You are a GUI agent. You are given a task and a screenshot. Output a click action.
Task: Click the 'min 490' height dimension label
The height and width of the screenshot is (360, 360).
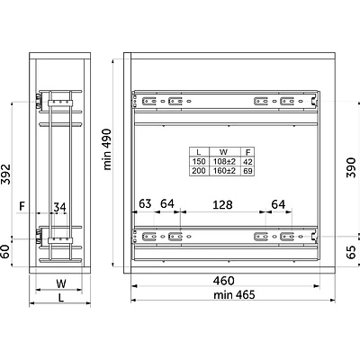[107, 149]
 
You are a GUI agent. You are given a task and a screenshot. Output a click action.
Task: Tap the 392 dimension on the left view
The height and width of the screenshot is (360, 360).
[5, 174]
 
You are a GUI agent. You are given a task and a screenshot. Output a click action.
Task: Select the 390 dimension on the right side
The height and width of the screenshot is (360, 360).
[351, 167]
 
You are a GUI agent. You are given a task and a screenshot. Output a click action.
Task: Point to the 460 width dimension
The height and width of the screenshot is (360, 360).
[223, 281]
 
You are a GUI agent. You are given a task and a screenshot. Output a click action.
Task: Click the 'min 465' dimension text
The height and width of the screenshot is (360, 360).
[234, 295]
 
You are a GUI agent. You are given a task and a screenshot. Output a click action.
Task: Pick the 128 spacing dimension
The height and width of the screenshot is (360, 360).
[222, 205]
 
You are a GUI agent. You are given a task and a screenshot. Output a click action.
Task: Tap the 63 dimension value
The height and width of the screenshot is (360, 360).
[145, 203]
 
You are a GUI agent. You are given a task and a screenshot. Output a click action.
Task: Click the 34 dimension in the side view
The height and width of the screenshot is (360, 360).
[59, 207]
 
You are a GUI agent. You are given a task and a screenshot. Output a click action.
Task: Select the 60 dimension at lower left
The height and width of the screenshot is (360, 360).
[5, 251]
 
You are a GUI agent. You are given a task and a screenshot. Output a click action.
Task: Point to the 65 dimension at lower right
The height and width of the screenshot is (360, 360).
[351, 252]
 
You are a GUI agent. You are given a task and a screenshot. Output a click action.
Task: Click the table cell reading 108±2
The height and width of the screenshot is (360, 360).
[224, 162]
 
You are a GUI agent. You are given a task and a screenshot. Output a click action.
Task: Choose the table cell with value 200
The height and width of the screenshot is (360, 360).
[199, 171]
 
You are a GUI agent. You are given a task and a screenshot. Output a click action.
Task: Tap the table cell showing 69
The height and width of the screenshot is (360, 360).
[247, 171]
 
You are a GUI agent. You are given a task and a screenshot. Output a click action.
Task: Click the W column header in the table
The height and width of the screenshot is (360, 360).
[223, 152]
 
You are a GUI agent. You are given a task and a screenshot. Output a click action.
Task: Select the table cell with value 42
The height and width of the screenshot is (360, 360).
[247, 162]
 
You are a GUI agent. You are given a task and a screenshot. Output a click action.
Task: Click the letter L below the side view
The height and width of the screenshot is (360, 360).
[61, 298]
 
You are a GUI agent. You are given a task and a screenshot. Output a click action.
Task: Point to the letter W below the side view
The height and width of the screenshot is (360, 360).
[61, 283]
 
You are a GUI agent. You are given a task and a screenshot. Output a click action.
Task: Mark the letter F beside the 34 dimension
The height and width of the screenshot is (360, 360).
[22, 206]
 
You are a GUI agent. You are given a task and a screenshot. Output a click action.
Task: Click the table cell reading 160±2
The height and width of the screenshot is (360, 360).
[224, 171]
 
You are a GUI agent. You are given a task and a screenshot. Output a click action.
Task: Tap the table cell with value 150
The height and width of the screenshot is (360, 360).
[199, 162]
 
